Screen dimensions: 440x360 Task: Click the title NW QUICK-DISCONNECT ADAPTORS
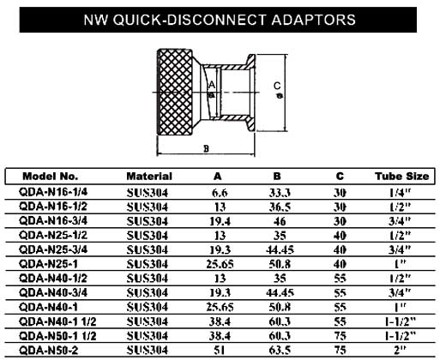(220, 20)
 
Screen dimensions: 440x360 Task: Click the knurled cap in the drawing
(175, 92)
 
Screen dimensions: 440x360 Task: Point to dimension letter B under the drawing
(206, 149)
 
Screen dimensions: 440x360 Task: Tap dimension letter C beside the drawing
(277, 86)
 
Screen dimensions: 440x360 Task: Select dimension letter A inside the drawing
(212, 85)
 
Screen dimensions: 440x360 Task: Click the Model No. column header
(51, 176)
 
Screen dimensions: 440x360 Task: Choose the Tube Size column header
(402, 176)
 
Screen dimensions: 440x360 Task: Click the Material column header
(149, 176)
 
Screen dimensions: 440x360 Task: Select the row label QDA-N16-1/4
(53, 192)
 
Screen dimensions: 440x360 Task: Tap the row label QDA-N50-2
(48, 350)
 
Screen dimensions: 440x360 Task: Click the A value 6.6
(220, 193)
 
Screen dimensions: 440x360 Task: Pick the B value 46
(280, 221)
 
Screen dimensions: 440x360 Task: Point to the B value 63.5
(280, 351)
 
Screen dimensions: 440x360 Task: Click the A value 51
(220, 351)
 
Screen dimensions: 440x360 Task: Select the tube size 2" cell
(400, 350)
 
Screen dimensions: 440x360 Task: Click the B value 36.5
(280, 207)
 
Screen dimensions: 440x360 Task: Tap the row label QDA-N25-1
(48, 264)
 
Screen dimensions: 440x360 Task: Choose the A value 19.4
(220, 221)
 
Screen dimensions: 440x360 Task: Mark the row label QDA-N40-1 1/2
(57, 321)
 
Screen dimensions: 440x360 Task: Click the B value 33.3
(280, 193)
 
